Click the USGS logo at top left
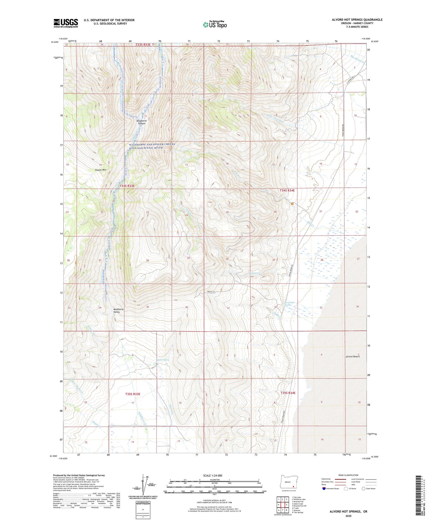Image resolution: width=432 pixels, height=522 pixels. point(66,23)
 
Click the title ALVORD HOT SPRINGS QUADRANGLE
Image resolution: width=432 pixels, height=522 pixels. point(357,20)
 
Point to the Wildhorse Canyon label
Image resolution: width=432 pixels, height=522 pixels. point(141,122)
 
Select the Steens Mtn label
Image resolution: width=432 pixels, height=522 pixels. point(100,170)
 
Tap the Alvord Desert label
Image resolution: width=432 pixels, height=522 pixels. point(352,356)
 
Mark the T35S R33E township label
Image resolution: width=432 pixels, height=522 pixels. point(132,394)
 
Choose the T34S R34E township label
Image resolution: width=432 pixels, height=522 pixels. point(288,190)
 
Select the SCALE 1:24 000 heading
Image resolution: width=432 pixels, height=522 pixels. point(213,475)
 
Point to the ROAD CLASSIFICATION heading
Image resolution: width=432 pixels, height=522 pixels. point(348,475)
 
